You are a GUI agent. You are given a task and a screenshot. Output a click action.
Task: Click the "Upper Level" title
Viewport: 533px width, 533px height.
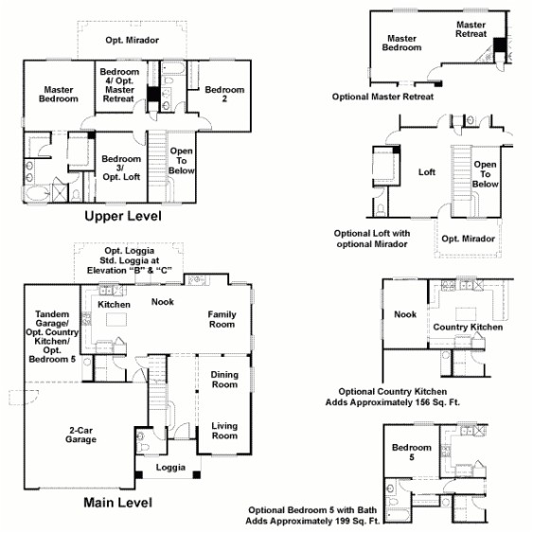[x=122, y=217]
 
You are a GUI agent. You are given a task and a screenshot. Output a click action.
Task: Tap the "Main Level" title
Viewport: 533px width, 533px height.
[x=116, y=503]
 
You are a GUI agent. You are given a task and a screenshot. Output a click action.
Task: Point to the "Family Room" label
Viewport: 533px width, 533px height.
[x=222, y=319]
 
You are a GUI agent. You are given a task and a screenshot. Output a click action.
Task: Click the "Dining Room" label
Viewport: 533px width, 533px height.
[x=224, y=380]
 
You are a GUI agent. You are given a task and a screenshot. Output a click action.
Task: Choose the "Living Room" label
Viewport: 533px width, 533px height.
[x=224, y=430]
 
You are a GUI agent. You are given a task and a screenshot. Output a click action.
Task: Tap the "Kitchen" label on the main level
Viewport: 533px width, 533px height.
[x=114, y=305]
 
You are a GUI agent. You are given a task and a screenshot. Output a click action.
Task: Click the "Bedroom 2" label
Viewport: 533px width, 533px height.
[x=225, y=95]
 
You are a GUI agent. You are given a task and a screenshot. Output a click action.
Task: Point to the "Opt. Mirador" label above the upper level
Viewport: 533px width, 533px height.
[x=133, y=41]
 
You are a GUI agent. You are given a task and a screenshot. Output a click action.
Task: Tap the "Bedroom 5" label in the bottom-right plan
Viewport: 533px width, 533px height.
[x=412, y=453]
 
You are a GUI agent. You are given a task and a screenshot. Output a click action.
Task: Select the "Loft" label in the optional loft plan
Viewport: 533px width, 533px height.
[x=426, y=172]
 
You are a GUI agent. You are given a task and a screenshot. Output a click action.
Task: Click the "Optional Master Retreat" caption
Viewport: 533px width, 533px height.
[x=383, y=97]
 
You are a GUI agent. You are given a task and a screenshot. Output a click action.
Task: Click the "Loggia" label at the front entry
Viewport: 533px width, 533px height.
[x=170, y=468]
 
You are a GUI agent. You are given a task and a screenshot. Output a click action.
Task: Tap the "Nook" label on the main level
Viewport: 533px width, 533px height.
[x=162, y=303]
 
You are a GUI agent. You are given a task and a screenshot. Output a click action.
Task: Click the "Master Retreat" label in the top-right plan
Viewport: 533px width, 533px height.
[x=471, y=29]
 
